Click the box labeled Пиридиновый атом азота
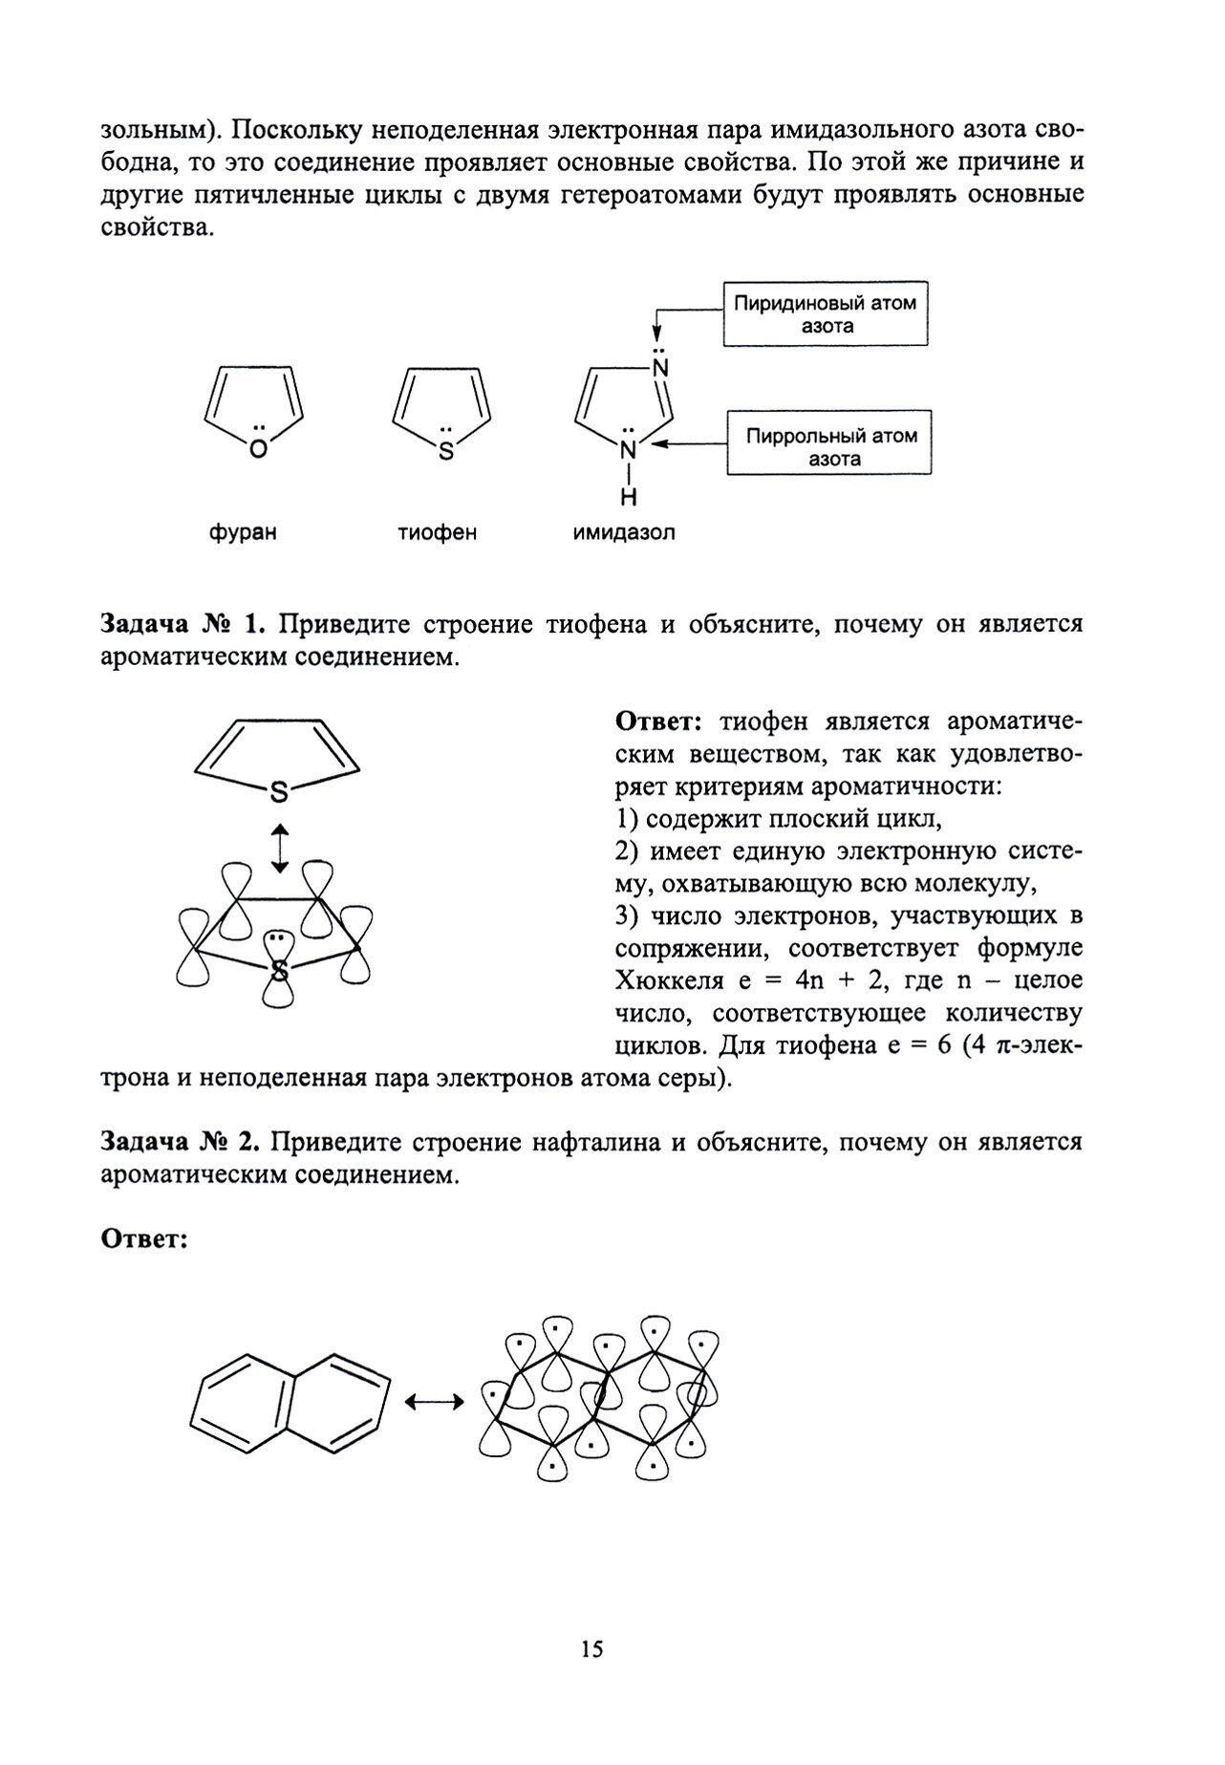pos(824,313)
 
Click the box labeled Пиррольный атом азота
pos(828,446)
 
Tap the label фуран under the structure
pos(243,532)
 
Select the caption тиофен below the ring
pos(437,532)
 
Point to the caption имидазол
pos(623,532)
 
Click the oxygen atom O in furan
pos(257,450)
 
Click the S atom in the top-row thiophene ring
pos(444,450)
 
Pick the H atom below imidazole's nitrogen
pos(629,498)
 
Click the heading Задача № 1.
pos(181,625)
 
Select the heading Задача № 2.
pos(181,1142)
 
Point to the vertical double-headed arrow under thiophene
pos(278,848)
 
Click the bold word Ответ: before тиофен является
pos(659,721)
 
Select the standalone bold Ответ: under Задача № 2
pos(142,1239)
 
